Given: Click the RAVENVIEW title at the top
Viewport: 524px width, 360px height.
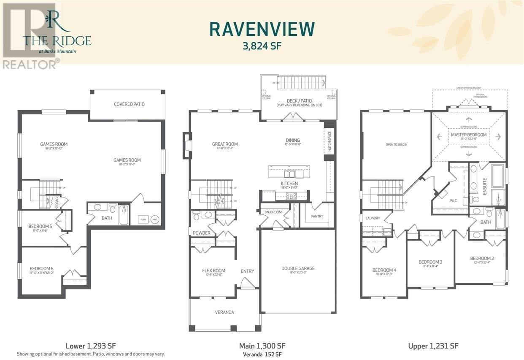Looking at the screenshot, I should [262, 29].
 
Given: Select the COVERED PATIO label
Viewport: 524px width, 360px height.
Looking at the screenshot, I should [129, 104].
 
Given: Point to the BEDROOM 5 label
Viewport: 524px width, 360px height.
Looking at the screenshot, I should [41, 226].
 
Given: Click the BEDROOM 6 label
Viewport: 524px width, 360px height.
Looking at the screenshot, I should [41, 268].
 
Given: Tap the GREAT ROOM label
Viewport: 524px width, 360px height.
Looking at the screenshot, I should [225, 144].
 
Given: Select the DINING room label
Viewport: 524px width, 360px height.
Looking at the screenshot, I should [292, 140].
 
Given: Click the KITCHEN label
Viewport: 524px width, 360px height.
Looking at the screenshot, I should [289, 184].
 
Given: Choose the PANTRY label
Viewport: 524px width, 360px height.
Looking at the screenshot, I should [317, 216].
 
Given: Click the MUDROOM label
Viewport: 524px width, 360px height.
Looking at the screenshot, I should [273, 212].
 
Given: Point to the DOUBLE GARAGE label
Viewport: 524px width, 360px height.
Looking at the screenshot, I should [298, 268].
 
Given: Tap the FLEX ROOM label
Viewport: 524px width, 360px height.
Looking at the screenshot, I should [213, 271].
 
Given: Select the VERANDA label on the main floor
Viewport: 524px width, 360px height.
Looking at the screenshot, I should [224, 312].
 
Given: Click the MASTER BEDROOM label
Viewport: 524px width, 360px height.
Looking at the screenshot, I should [468, 135].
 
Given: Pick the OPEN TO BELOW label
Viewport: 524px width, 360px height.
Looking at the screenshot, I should [396, 144].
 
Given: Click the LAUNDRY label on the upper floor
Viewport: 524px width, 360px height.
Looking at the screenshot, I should [373, 218].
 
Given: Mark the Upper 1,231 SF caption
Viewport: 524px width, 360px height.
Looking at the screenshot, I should [433, 346].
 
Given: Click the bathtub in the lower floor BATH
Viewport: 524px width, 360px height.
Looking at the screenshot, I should [124, 215].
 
